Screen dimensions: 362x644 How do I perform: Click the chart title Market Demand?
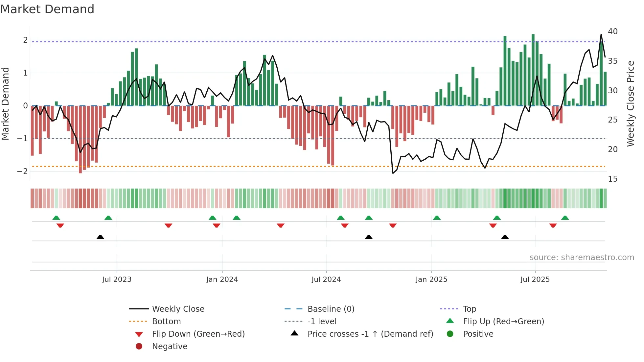pos(47,9)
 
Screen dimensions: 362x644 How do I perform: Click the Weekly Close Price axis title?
pos(630,103)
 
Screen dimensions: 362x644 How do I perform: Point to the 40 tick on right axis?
pos(612,32)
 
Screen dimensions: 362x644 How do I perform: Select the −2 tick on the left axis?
pos(22,171)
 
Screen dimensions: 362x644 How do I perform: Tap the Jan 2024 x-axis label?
pos(222,280)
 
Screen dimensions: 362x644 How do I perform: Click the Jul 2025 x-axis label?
pos(535,280)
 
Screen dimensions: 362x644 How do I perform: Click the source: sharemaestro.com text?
pos(582,258)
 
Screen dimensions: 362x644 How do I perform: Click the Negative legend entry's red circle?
pos(139,347)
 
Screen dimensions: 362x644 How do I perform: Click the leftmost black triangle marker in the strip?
pos(100,237)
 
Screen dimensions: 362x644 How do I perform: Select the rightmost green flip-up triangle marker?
pos(565,218)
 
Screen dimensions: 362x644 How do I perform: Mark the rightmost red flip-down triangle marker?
pos(553,225)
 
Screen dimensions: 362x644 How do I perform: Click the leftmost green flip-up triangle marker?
pos(56,218)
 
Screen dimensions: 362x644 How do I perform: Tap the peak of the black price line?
pos(601,34)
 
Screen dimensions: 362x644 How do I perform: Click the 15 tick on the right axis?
pos(612,179)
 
